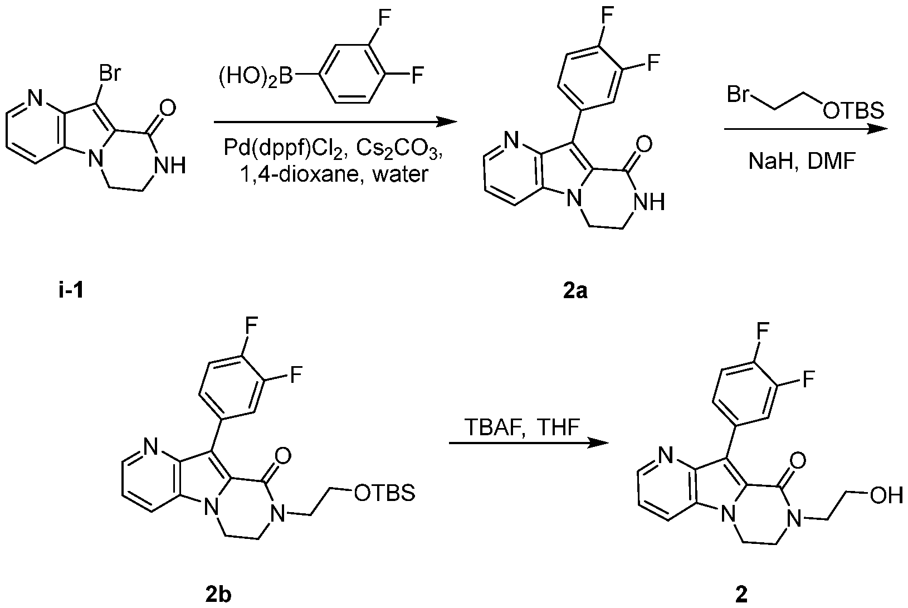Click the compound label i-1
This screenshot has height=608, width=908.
71,291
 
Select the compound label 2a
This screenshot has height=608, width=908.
575,291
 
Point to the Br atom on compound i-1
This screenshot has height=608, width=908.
110,74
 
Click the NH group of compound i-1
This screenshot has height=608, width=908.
171,166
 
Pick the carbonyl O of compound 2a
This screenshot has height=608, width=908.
643,145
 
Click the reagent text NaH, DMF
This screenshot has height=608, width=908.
802,162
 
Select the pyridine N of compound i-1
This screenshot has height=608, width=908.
35,98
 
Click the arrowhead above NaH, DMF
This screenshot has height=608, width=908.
876,129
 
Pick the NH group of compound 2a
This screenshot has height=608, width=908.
649,202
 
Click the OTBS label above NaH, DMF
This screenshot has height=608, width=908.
853,110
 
